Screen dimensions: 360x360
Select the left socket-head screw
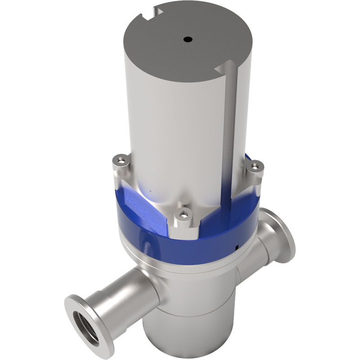(x=120, y=158)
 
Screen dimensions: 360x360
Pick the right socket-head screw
(x=255, y=166)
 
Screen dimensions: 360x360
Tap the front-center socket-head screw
(x=183, y=215)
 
